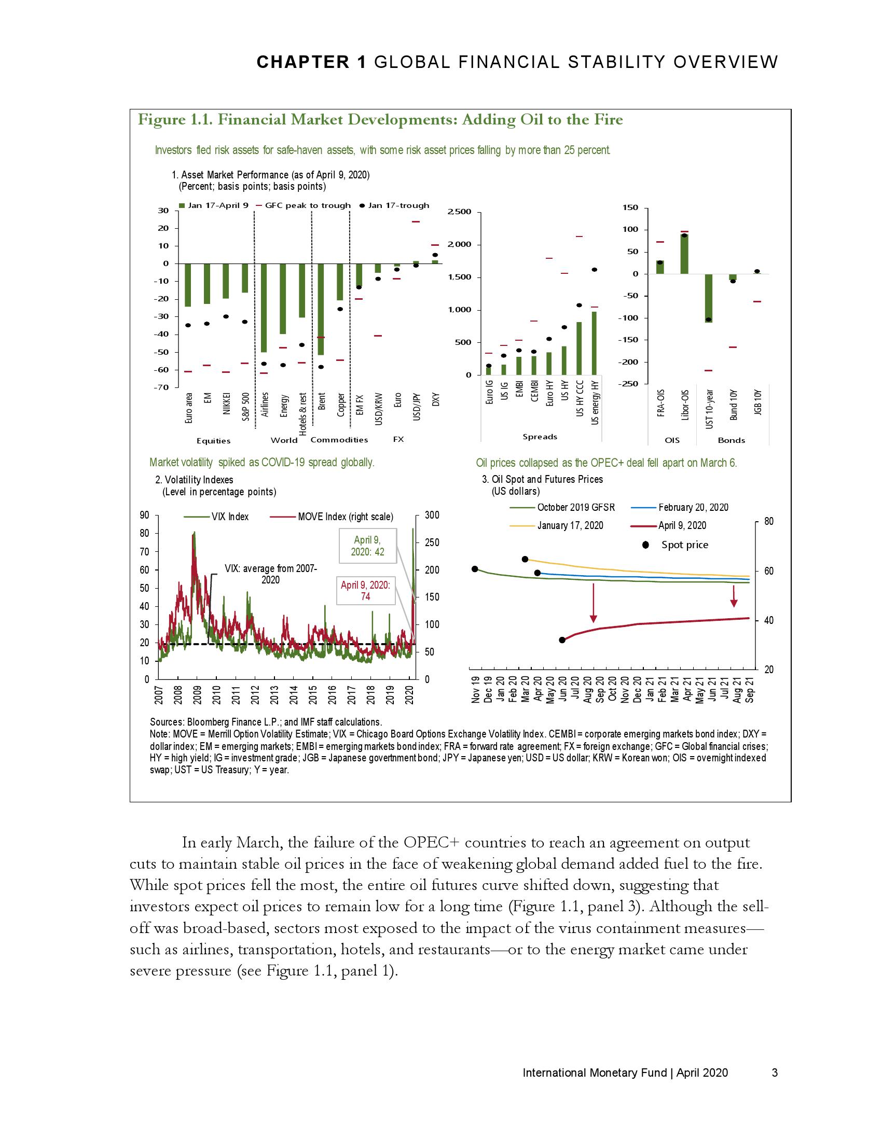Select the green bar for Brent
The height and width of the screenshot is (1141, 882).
click(321, 309)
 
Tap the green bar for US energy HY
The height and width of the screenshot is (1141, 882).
click(594, 343)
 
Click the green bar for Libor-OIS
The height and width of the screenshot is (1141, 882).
click(684, 255)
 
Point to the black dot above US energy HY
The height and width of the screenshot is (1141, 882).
click(595, 270)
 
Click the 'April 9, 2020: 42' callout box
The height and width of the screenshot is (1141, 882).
click(368, 546)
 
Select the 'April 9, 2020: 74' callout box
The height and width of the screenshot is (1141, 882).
click(366, 590)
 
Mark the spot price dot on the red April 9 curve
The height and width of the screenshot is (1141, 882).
click(562, 640)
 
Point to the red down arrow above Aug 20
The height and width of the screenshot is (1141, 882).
click(594, 603)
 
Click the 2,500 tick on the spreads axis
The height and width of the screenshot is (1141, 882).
click(460, 212)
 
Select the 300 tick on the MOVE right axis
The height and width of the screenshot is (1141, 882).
click(432, 516)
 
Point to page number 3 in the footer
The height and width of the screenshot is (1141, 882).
click(775, 1073)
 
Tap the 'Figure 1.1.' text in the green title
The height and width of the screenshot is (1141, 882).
click(174, 120)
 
